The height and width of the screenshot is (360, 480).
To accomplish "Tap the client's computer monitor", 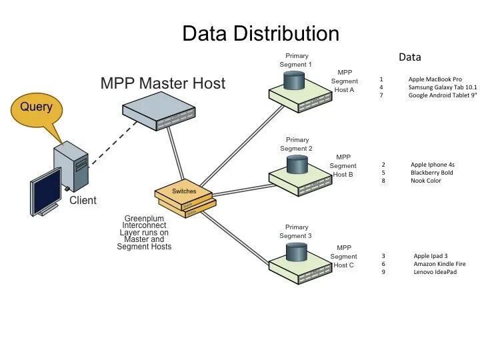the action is [45, 191].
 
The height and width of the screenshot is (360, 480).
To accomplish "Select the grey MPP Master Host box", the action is [159, 111].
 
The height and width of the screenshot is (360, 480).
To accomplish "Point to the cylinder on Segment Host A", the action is [294, 80].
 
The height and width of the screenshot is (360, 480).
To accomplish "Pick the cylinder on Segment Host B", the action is [297, 165].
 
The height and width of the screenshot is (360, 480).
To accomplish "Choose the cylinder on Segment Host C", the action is [296, 252].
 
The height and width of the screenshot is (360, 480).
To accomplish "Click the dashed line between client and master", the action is [113, 143].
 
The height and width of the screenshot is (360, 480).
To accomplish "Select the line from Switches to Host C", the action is [235, 239].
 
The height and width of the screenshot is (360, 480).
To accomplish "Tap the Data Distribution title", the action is [261, 33].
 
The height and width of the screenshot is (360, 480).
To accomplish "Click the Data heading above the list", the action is [410, 57].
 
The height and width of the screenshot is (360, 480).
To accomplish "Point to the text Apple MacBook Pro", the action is [435, 79].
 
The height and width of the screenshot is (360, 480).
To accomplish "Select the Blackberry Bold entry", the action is [431, 173].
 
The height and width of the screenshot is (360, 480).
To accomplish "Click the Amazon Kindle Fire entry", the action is [439, 264].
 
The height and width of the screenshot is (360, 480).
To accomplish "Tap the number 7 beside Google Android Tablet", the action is [381, 95].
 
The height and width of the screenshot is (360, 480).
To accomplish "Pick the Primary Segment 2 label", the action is [296, 144].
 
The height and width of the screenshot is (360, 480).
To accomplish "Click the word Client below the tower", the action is [83, 200].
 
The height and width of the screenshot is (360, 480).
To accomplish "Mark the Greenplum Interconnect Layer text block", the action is [144, 233].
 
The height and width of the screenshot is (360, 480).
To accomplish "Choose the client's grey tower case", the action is [71, 166].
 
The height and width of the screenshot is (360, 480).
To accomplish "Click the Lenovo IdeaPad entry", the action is [435, 272].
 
